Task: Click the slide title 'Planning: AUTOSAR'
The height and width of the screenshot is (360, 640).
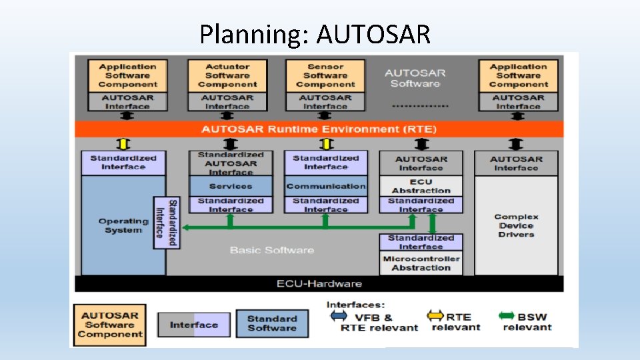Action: (315, 33)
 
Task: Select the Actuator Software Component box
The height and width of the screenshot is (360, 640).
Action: (227, 76)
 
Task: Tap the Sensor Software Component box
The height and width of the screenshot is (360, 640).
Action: (325, 76)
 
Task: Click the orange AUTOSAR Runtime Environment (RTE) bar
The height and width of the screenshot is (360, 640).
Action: (319, 129)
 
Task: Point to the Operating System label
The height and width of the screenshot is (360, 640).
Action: (123, 225)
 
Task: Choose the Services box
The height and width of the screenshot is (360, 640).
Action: (231, 186)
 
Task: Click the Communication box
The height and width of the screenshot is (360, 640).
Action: (326, 186)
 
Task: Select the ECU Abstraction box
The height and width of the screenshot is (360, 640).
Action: (421, 186)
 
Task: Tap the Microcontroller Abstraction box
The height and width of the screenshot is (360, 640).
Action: (421, 263)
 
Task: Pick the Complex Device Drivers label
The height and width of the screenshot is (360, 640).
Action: (516, 225)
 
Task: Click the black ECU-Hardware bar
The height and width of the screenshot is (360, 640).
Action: (319, 284)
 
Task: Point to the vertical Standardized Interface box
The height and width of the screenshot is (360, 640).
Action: (166, 223)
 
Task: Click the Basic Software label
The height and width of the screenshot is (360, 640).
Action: (271, 250)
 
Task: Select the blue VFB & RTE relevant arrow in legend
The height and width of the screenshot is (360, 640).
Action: (339, 315)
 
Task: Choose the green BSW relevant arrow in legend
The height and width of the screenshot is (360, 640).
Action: (507, 315)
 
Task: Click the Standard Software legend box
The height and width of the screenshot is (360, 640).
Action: (272, 323)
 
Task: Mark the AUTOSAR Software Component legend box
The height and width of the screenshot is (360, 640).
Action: (110, 325)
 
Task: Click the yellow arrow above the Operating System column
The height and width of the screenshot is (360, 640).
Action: (122, 144)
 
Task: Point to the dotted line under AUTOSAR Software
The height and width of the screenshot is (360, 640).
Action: (420, 105)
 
